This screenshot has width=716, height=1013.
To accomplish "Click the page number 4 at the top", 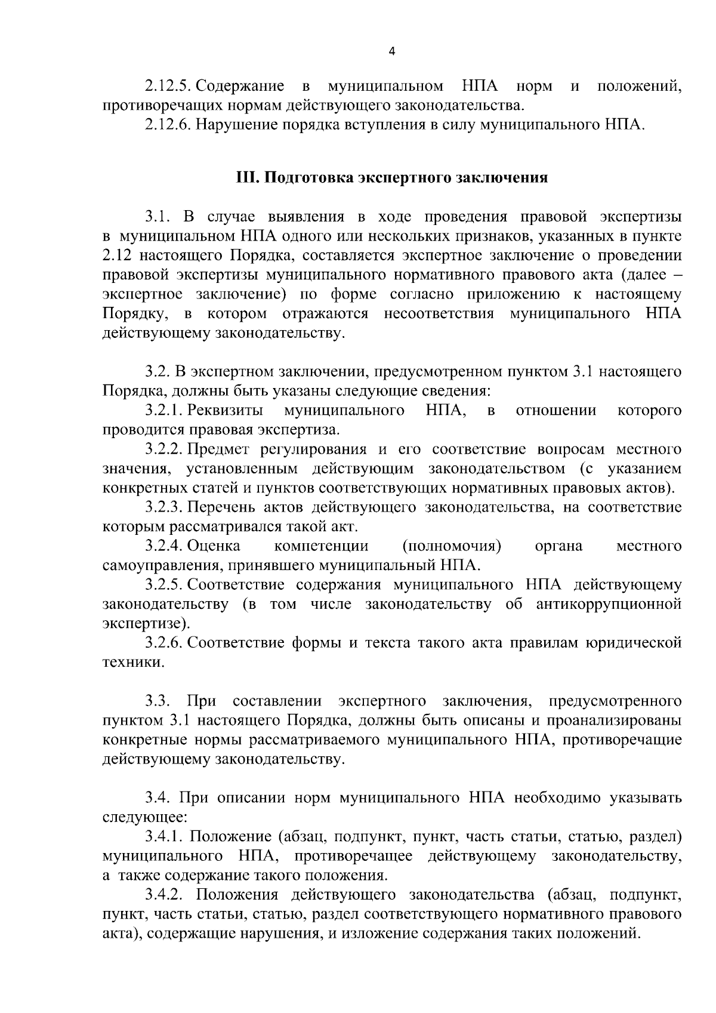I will coord(391,51).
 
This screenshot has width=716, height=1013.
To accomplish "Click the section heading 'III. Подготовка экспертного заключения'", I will coord(391,178).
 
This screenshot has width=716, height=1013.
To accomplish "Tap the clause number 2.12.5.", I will coord(168,87).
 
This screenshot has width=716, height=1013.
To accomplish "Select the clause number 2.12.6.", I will coord(168,125).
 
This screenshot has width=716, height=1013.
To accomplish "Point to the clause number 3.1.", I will coord(158,216).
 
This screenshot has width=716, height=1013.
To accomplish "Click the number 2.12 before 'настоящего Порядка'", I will coord(116,255).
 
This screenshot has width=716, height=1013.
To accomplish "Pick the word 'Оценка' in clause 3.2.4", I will coord(214,546).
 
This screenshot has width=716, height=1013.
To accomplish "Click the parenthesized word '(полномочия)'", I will coord(452,546).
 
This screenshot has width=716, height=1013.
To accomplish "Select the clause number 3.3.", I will coord(158,701).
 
